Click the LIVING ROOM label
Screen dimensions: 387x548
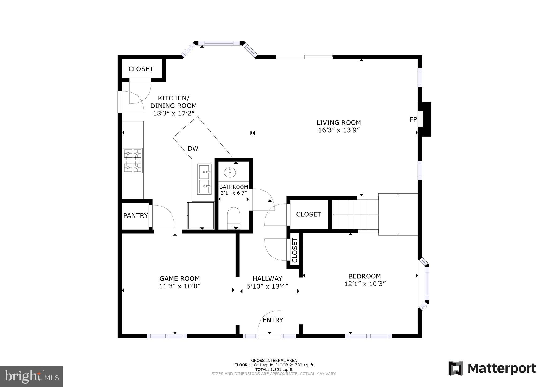(x=338, y=123)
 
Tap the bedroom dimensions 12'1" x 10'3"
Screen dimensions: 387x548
(x=364, y=284)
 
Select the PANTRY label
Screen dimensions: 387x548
(x=136, y=215)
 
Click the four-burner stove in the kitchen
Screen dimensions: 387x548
(x=133, y=161)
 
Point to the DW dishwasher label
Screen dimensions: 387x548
(x=193, y=149)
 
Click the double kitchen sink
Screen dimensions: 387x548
(x=204, y=179)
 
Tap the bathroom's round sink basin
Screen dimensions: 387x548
(x=230, y=172)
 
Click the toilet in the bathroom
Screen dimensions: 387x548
(x=234, y=218)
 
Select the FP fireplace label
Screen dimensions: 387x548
(x=413, y=119)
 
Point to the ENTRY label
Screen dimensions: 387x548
(x=273, y=320)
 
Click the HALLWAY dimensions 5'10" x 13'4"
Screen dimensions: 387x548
(x=267, y=286)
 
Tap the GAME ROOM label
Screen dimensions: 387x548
(x=180, y=278)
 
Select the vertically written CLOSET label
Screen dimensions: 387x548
(x=295, y=250)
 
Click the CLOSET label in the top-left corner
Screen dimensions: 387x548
(x=141, y=69)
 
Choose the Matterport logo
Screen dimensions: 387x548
(x=492, y=368)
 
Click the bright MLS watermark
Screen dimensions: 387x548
(x=31, y=377)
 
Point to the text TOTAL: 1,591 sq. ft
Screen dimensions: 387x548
(x=274, y=370)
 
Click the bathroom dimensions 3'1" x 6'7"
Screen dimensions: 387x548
(x=233, y=193)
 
